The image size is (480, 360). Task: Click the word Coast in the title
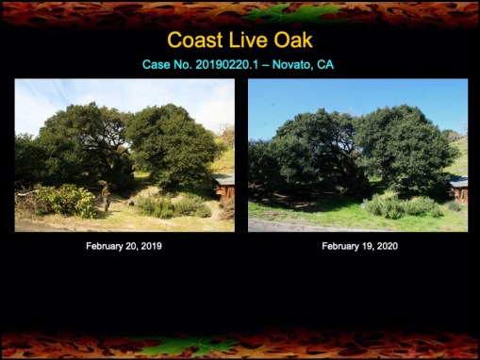pyautogui.click(x=196, y=41)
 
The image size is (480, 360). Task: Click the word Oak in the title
pyautogui.click(x=292, y=41)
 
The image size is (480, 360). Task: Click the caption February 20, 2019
pyautogui.click(x=124, y=246)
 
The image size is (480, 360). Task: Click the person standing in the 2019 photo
pyautogui.click(x=107, y=197)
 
